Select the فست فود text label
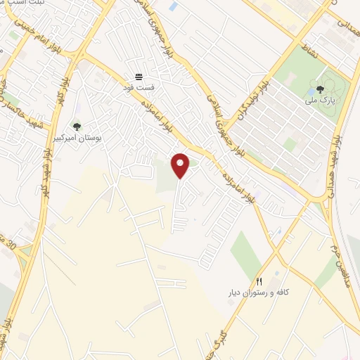(139, 86)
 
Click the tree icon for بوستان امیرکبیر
(77, 127)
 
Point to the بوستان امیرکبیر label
(77, 139)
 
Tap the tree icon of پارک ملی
(321, 89)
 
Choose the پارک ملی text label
(321, 101)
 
